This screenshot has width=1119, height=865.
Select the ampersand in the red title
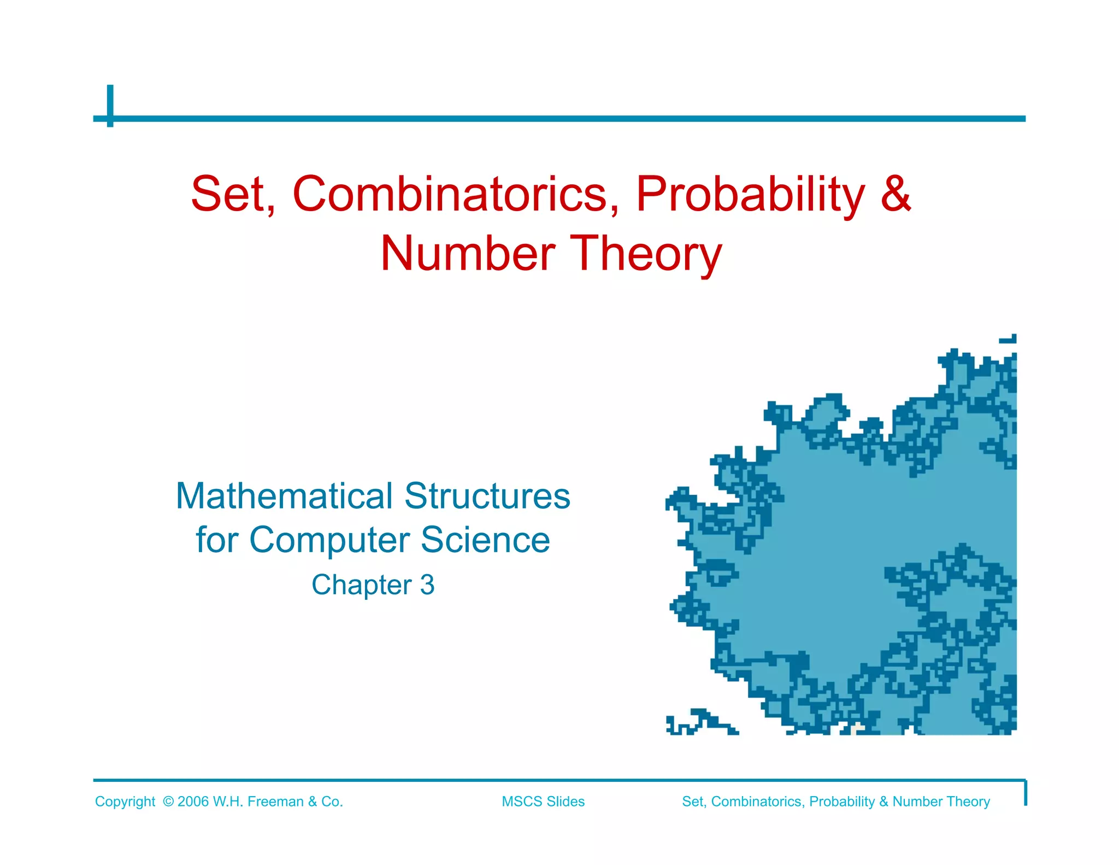pos(896,194)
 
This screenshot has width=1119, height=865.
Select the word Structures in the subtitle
pos(487,496)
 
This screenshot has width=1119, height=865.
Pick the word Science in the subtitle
pos(485,540)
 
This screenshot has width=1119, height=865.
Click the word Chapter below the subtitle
pos(362,585)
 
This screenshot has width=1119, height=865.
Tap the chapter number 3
pos(427,585)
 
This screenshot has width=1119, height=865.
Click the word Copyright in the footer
pos(125,802)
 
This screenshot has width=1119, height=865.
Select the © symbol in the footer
pos(168,802)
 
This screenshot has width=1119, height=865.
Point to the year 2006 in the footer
pos(193,802)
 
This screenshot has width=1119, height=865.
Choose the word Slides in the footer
pos(566,802)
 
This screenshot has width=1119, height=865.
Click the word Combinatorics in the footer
pos(758,802)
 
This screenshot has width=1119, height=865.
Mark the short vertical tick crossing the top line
pos(110,106)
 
